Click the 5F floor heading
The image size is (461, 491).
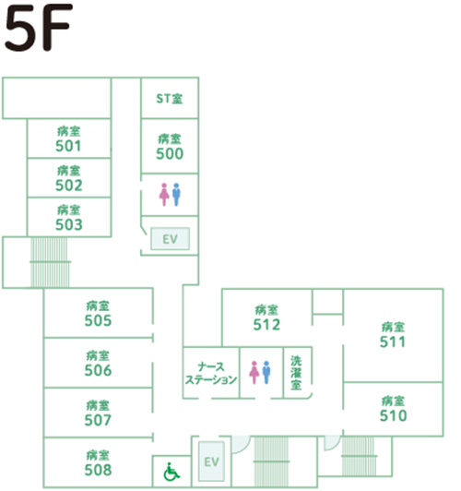coord(39,28)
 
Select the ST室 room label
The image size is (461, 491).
coord(170,99)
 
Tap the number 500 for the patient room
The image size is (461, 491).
coord(170,154)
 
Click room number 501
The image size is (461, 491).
coord(68,146)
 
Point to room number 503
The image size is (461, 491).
coord(69,224)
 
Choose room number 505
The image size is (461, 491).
coord(98,320)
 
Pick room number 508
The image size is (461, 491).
coord(98,470)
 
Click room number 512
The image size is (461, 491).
coord(266,325)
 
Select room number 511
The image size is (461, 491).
coord(393,341)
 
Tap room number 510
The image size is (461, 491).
coord(393,415)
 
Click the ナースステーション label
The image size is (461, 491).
coord(211,373)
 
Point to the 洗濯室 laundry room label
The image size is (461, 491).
coord(296,373)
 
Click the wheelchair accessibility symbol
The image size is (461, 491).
coord(171,472)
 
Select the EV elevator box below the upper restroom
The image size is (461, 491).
coord(171,239)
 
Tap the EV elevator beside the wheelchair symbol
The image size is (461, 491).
coord(211,461)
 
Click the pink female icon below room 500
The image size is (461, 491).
coord(164,195)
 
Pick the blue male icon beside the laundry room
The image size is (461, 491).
coord(266,372)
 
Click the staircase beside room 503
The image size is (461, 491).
coord(50,262)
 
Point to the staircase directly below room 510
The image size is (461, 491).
coord(359,456)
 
